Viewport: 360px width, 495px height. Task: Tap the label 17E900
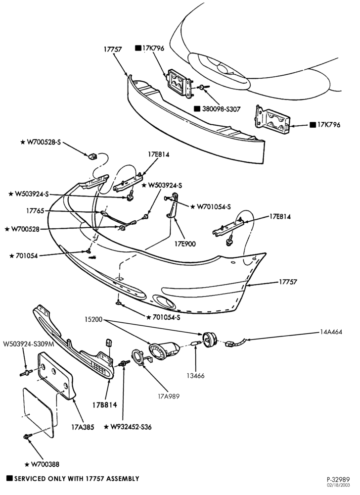(185, 244)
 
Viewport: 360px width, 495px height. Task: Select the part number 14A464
(330, 332)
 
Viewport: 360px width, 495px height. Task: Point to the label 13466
(195, 376)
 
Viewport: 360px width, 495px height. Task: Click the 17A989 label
(169, 396)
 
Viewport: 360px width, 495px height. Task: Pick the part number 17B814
(105, 405)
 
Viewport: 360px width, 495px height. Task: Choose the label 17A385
(83, 428)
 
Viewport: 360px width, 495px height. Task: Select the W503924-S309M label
(29, 344)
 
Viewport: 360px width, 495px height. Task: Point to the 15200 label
(93, 319)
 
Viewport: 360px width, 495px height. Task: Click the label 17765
(36, 210)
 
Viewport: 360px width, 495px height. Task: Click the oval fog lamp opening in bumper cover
(164, 301)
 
